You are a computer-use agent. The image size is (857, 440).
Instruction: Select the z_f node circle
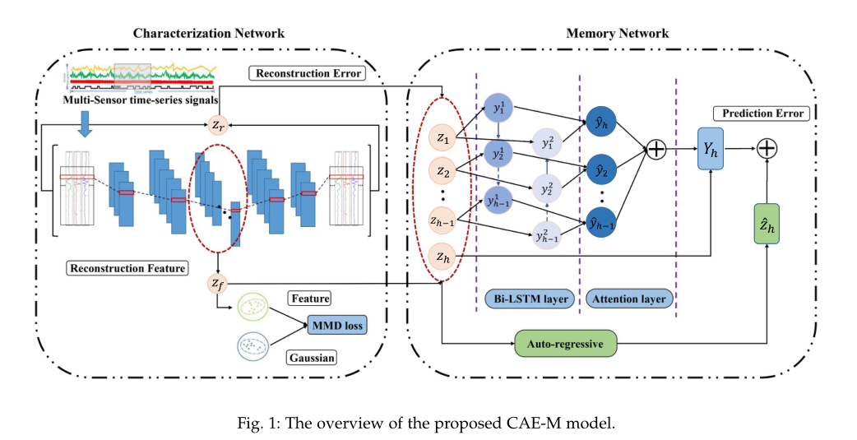(217, 283)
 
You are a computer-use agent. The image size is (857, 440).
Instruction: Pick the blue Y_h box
(710, 151)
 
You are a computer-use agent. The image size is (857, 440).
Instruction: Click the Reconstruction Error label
(307, 74)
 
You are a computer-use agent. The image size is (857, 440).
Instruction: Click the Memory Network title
(617, 34)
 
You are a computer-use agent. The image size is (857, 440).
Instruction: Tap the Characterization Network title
(209, 34)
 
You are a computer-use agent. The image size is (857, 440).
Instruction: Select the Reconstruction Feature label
(127, 268)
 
